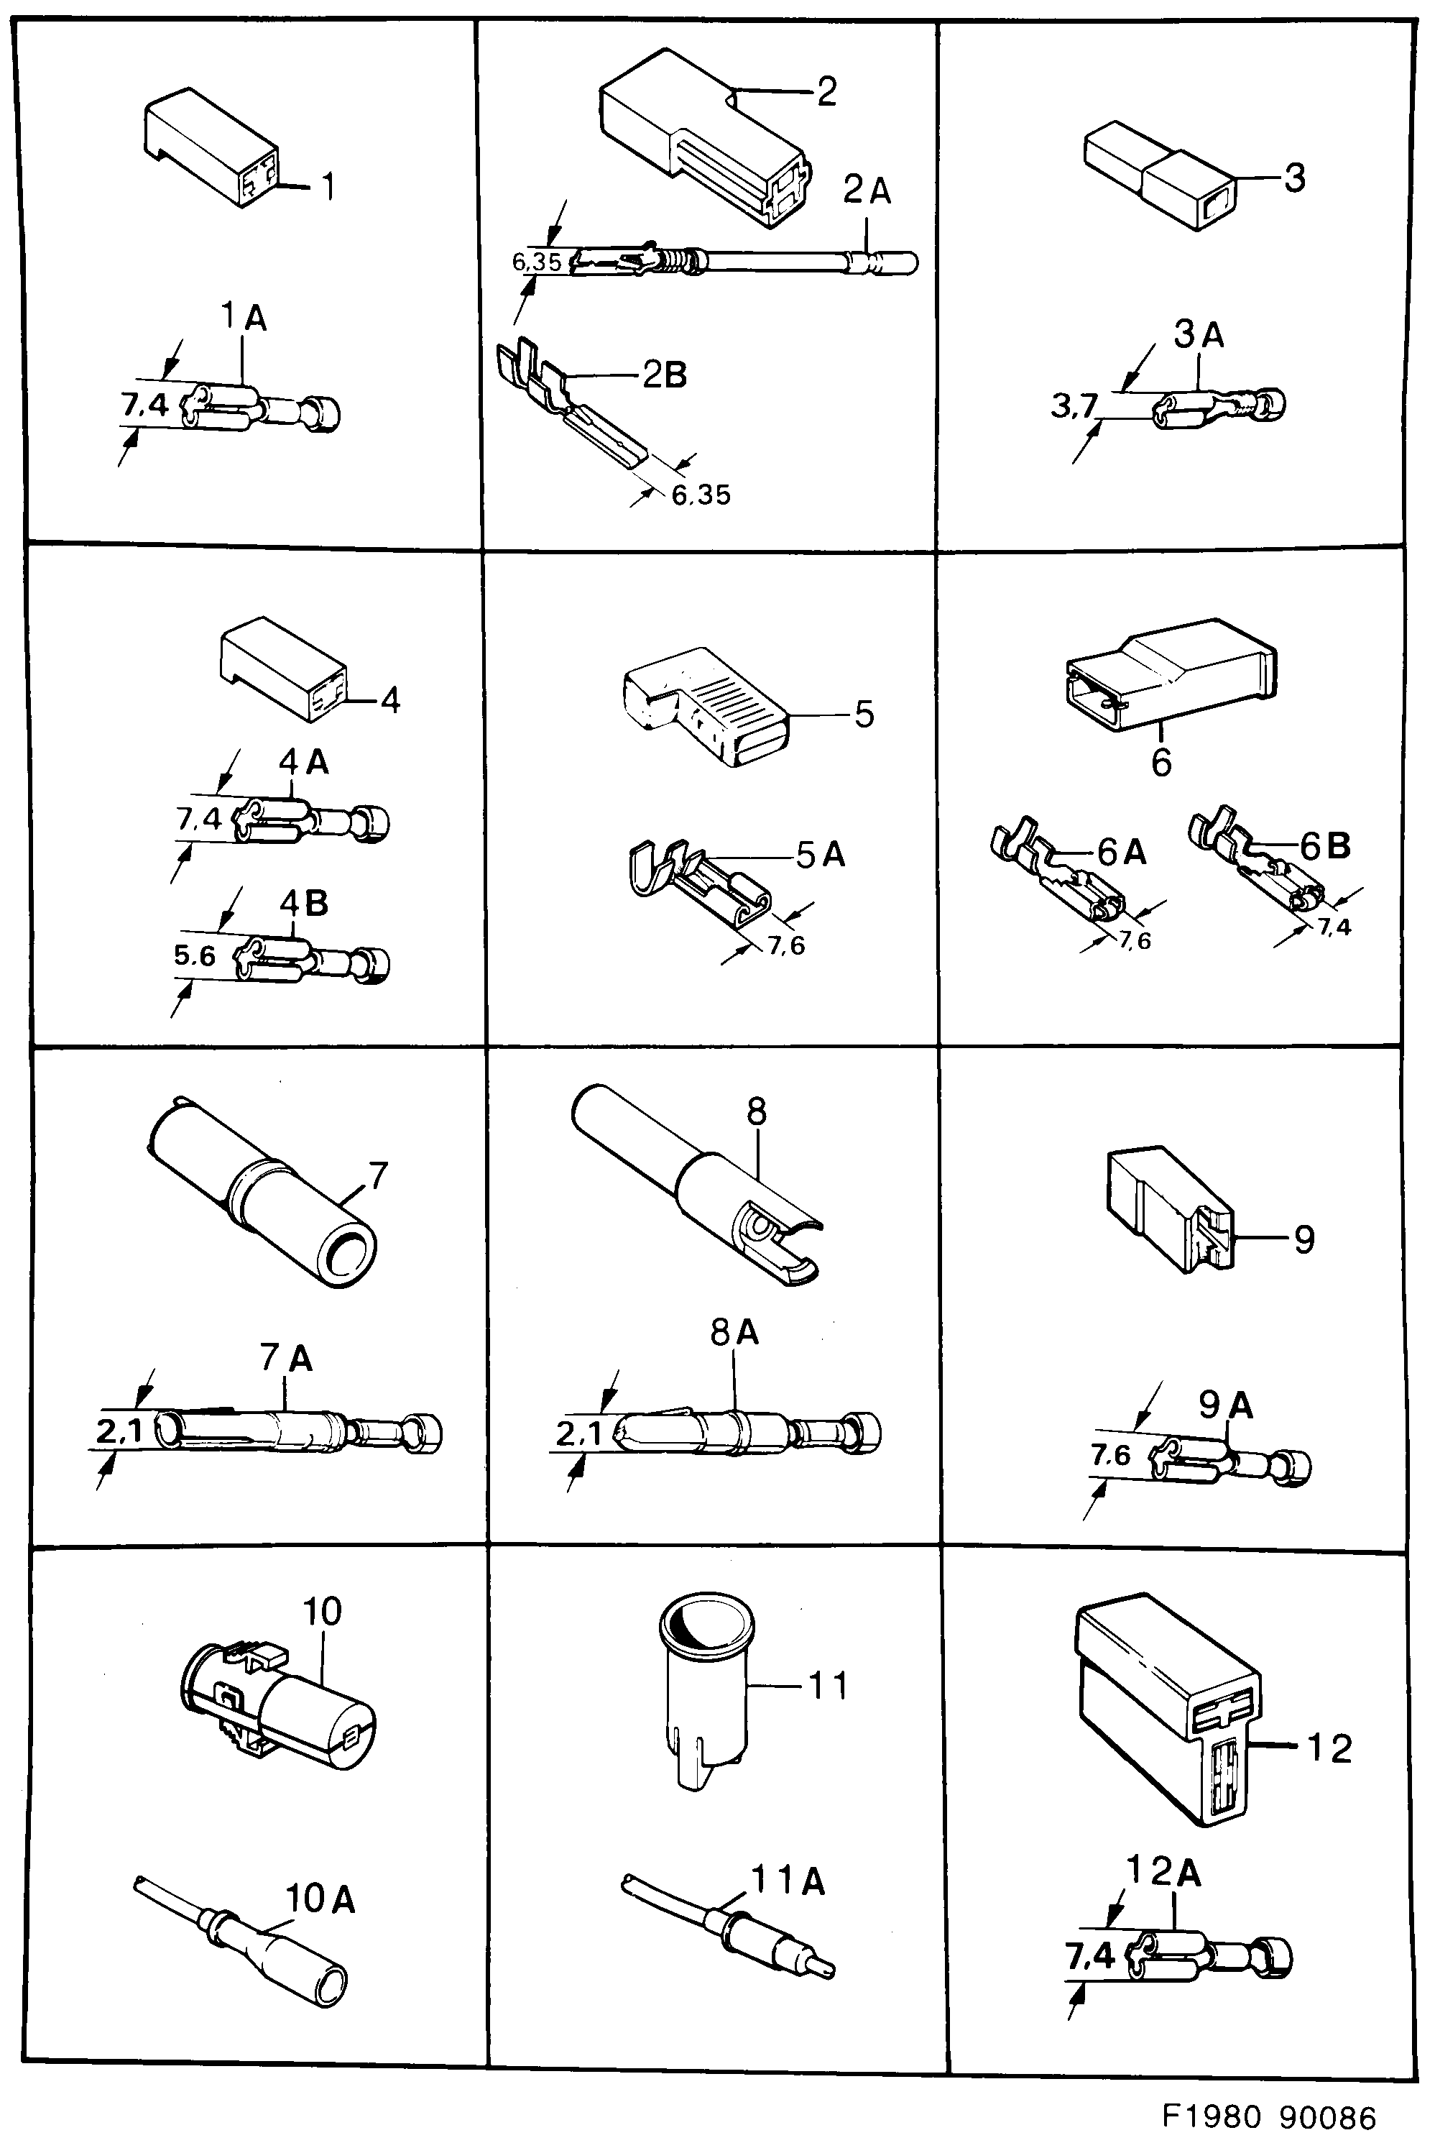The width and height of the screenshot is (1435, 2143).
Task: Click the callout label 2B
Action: tap(665, 375)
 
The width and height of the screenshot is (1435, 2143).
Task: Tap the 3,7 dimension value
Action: tap(1073, 405)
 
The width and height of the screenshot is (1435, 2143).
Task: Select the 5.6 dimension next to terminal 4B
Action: tap(194, 957)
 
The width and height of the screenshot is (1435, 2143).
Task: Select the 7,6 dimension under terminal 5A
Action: tap(786, 945)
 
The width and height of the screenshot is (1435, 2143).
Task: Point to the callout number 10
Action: tap(321, 1611)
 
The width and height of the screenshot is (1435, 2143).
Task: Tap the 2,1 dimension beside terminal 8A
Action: tap(578, 1434)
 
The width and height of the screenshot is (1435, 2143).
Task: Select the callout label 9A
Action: tap(1227, 1405)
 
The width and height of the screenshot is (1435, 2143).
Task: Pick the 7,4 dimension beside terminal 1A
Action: tap(144, 405)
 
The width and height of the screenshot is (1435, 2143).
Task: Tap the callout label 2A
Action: tap(866, 191)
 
